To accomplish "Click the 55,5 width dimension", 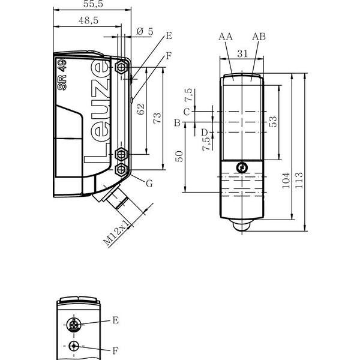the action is tap(93, 4).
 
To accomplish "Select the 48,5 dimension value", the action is tap(88, 20).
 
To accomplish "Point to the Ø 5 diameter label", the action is tap(145, 31).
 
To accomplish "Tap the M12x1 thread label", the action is tap(116, 233).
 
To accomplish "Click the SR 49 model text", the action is tap(62, 74).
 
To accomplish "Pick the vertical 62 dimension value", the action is tap(140, 109).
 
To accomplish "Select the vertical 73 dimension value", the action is tap(157, 118).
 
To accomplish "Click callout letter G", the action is tap(149, 184).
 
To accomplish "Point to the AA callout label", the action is tap(226, 37).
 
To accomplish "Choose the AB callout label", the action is tap(259, 37).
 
